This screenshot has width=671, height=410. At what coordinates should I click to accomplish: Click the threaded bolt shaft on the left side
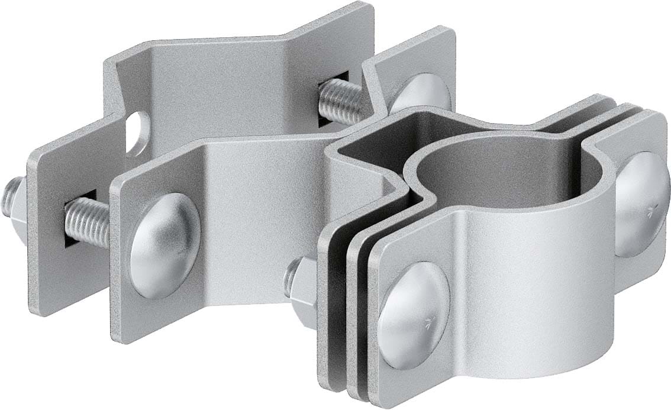tap(88, 221)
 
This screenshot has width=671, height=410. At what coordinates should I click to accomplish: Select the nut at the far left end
tap(14, 198)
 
